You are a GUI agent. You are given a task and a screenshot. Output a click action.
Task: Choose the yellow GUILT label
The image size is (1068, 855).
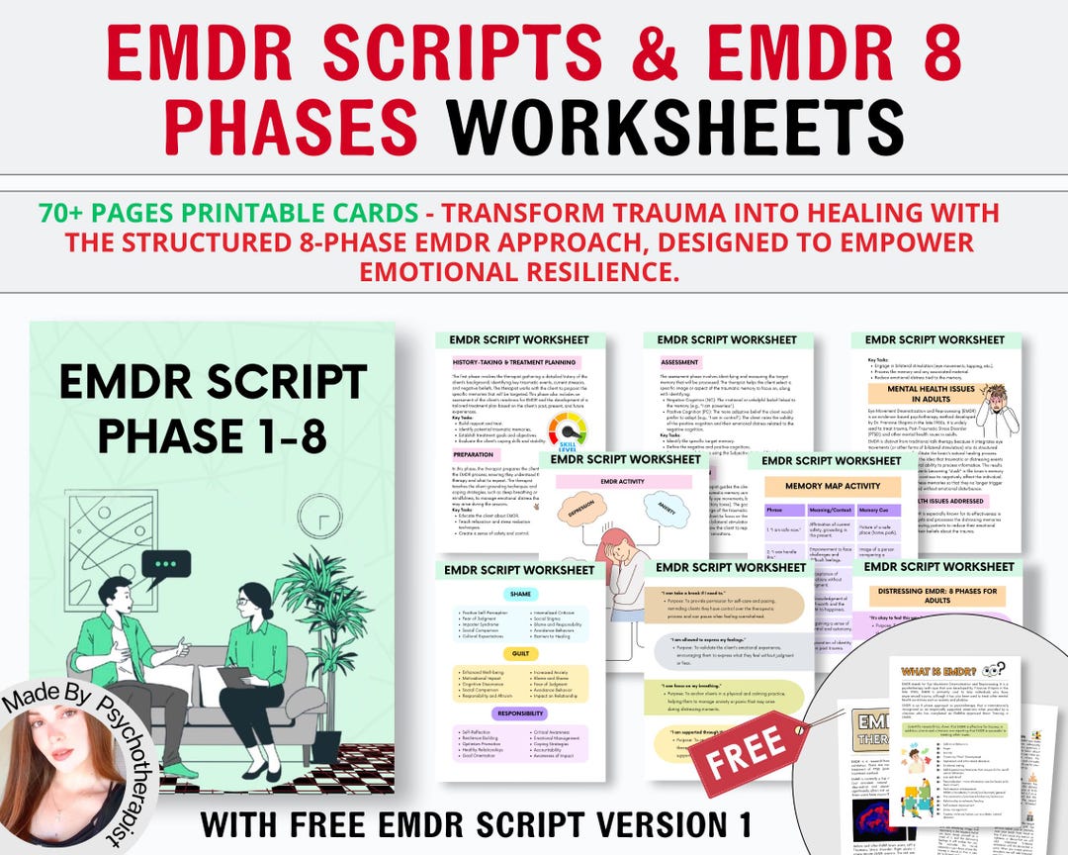[x=519, y=654]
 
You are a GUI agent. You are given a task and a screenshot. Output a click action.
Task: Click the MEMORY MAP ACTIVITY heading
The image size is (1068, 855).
[x=832, y=487]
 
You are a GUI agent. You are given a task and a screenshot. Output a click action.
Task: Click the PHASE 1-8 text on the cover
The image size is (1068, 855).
[x=213, y=435]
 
